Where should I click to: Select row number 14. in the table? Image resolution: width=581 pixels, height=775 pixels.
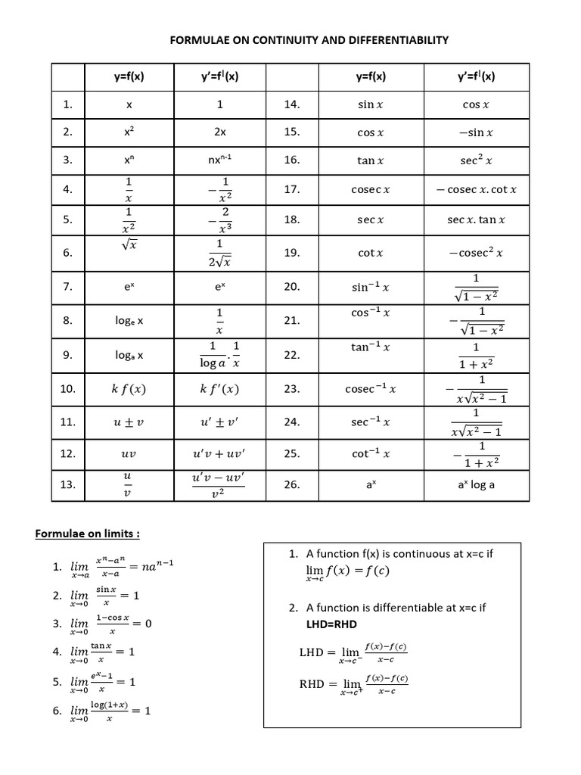pyautogui.click(x=292, y=104)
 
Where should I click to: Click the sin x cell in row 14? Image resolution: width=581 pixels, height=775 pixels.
pyautogui.click(x=371, y=105)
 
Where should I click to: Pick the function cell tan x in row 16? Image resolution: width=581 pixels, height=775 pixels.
pyautogui.click(x=371, y=160)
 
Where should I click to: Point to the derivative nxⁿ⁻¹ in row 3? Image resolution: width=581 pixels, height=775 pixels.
pyautogui.click(x=220, y=160)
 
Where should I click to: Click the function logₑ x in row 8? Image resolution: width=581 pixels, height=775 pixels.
pyautogui.click(x=129, y=321)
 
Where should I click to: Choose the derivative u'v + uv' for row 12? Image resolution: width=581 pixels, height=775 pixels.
pyautogui.click(x=219, y=454)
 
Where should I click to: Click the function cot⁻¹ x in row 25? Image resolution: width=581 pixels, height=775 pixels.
pyautogui.click(x=371, y=453)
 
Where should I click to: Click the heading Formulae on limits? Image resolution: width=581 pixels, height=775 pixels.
pyautogui.click(x=88, y=534)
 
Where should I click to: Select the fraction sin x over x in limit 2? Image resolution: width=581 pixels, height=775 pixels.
pyautogui.click(x=106, y=596)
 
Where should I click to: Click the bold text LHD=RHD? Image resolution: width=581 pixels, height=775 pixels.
pyautogui.click(x=332, y=624)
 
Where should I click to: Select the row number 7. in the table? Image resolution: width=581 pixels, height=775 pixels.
pyautogui.click(x=68, y=287)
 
